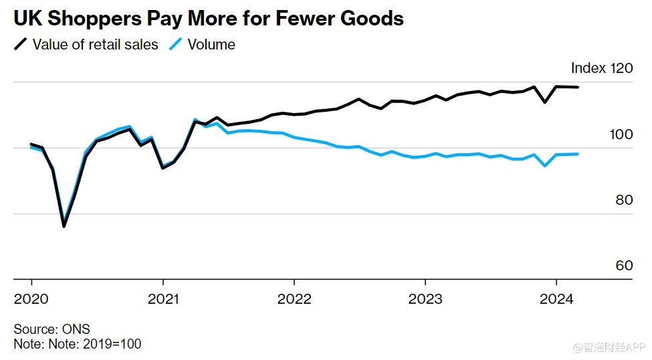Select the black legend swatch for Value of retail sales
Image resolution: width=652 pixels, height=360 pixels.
coord(21,45)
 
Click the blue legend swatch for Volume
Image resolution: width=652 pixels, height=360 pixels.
coord(176,45)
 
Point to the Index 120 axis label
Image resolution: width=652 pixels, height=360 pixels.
coord(601,68)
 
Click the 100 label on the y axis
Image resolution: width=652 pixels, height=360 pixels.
coord(621,134)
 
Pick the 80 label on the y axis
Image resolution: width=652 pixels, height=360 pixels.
coord(624,199)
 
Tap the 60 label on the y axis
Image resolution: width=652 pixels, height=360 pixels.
coord(624,265)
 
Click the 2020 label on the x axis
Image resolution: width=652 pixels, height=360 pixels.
coord(31,298)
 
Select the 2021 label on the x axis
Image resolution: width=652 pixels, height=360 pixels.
coord(162,298)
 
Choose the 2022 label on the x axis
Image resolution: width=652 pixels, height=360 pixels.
coord(294,298)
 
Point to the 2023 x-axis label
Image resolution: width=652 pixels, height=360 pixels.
coord(425,298)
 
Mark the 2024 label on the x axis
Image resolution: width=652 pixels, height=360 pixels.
coord(557,298)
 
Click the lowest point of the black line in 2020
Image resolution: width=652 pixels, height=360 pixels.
coord(64,226)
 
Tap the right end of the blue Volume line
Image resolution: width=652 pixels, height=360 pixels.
coord(578,154)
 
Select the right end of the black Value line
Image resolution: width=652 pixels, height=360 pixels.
coord(578,87)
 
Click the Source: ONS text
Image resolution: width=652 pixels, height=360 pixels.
coord(51,329)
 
